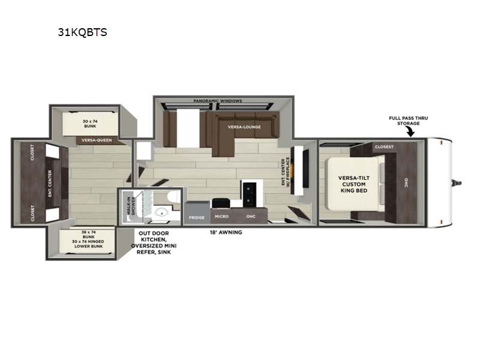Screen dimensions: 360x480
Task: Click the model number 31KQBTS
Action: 82,32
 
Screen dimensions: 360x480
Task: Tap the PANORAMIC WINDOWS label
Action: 218,101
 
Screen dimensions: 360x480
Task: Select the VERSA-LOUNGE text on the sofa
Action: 243,127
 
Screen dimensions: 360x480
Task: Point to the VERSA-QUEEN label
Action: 97,140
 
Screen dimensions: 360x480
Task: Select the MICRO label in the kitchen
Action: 221,217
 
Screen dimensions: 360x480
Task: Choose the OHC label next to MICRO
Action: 251,217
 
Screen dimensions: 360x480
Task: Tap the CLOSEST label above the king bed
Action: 384,146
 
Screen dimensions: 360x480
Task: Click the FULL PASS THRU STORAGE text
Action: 407,120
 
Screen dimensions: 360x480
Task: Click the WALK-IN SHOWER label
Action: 128,207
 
